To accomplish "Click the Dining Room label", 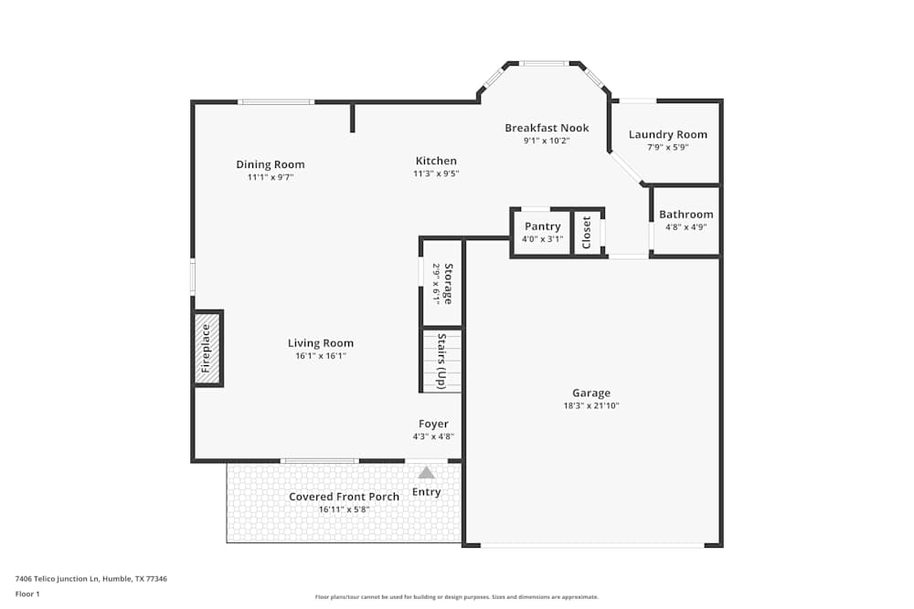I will click(x=270, y=164).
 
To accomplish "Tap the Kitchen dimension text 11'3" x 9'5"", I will click(x=435, y=173).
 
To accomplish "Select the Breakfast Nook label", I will click(x=547, y=128).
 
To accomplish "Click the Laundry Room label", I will click(x=667, y=134).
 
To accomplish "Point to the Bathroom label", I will click(x=685, y=215).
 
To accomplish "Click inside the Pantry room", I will click(x=542, y=232).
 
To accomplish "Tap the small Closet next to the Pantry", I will click(x=587, y=233).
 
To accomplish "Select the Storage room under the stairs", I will click(x=441, y=283).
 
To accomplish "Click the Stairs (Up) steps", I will click(x=441, y=361).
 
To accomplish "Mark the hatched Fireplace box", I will click(x=207, y=348).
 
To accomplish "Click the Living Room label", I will click(x=320, y=343).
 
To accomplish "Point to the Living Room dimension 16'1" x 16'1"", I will click(x=320, y=356).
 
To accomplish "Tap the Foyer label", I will click(x=433, y=424).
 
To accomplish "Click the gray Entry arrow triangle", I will click(x=427, y=472).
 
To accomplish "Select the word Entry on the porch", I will click(x=427, y=492).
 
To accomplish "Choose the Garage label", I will click(x=591, y=393).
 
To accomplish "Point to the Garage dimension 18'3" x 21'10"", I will click(x=591, y=405).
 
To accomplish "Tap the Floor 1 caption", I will click(x=27, y=593).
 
